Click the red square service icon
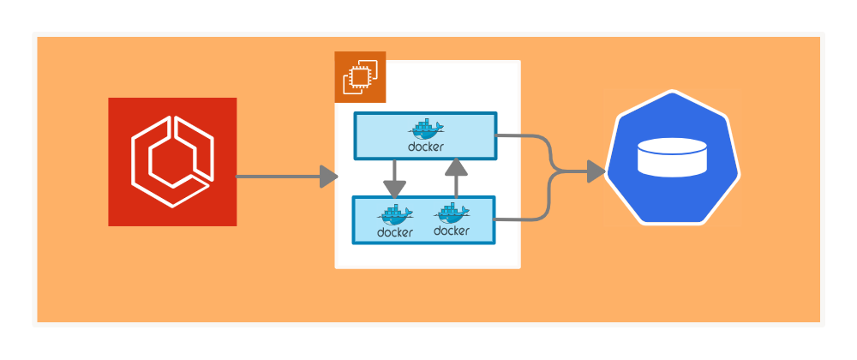[172, 162]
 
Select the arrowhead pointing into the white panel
[328, 177]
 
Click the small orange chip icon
[360, 77]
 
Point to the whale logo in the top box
[427, 129]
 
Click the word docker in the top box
[426, 147]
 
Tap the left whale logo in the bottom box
[395, 214]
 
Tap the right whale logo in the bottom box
[451, 213]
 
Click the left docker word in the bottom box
[395, 232]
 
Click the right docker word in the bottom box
[451, 231]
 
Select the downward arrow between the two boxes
[394, 181]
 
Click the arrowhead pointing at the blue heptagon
[596, 172]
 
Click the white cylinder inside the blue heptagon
[673, 159]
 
